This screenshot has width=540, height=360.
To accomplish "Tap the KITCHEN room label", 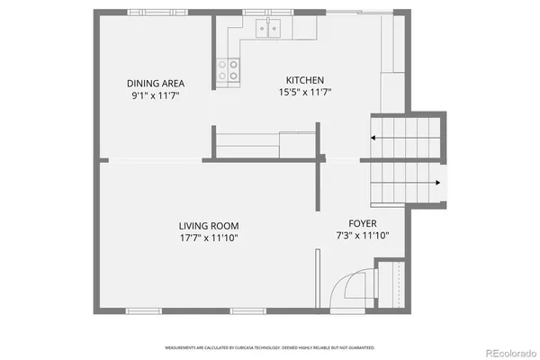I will pos(304,80).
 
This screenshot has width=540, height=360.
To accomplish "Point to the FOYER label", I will pos(363,224).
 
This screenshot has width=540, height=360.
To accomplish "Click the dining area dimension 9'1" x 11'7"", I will pos(155,94).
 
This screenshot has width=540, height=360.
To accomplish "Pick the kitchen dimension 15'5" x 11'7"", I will pos(304,92).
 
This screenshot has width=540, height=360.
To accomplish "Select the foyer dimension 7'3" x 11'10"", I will pos(363,237).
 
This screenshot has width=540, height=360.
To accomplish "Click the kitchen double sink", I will pos(270,28).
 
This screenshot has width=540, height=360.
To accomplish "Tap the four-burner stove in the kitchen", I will pos(228,69).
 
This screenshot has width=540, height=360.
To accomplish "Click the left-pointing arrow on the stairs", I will pos(374,139).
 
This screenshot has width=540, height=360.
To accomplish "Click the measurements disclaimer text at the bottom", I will pos(270,347).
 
